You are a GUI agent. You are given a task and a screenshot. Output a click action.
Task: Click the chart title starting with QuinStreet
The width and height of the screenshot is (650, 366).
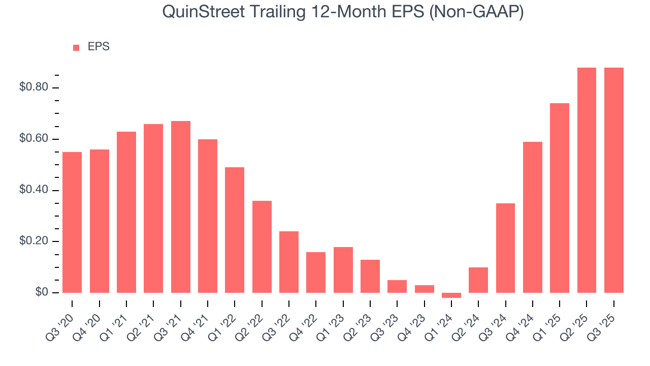(343, 12)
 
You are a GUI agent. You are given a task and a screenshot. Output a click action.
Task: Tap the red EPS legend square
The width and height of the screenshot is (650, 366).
(76, 47)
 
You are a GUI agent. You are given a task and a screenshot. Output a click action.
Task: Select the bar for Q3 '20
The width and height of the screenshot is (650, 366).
(72, 222)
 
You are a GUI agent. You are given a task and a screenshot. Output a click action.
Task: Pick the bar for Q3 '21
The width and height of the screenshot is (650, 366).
(181, 207)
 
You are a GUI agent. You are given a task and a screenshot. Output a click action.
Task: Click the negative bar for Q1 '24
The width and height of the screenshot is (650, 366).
(451, 295)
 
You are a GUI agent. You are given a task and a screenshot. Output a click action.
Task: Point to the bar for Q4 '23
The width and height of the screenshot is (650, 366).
(424, 289)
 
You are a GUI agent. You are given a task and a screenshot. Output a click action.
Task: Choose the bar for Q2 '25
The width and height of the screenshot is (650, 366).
(587, 180)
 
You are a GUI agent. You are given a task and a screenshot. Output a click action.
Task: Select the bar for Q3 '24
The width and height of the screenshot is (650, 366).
(505, 248)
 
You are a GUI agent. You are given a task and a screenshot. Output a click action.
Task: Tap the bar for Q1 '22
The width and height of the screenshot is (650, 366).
(235, 230)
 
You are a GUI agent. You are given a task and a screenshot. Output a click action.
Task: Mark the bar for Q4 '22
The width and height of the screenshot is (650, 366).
(316, 272)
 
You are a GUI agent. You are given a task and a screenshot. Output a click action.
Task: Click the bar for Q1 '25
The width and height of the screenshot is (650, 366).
(560, 198)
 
